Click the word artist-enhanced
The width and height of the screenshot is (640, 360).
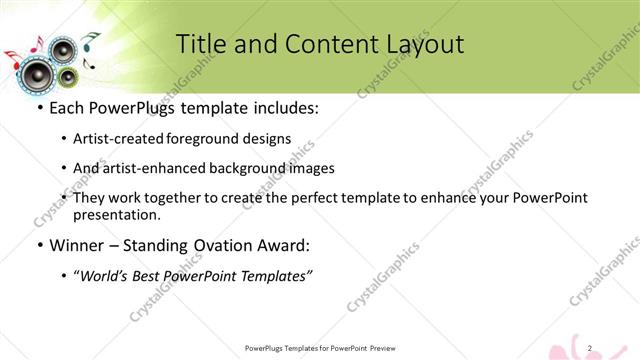[162, 168]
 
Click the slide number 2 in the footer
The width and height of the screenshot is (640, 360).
[591, 347]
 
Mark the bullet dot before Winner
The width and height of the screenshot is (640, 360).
[39, 246]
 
